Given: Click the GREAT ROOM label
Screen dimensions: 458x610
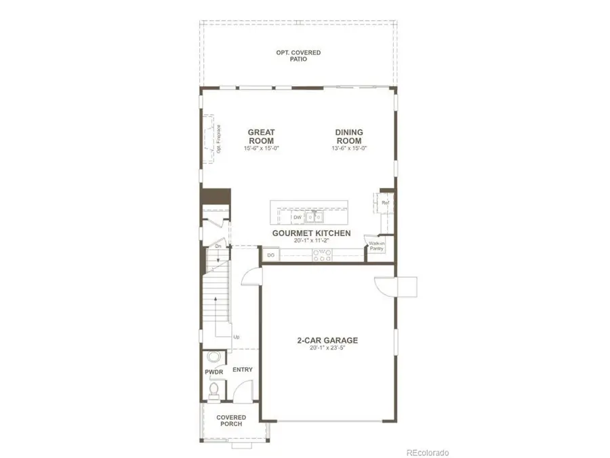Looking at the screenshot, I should click(x=261, y=136).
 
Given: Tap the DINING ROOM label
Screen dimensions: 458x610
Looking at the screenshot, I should click(x=349, y=136).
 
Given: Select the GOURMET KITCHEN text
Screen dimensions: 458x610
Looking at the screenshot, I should click(x=312, y=233).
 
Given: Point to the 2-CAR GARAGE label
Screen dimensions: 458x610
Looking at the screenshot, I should click(x=327, y=341).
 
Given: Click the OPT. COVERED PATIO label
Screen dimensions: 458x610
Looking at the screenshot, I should click(x=298, y=56).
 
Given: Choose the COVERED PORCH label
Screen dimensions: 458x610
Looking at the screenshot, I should click(x=231, y=421).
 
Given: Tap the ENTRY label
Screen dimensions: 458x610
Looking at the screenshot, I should click(x=243, y=370).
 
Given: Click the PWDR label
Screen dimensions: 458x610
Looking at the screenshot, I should click(x=213, y=372).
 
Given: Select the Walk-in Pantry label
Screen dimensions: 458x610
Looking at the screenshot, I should click(x=376, y=246).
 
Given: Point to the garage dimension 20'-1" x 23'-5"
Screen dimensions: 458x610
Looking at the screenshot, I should click(x=327, y=349).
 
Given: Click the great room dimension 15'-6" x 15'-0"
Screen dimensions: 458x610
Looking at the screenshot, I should click(x=261, y=149).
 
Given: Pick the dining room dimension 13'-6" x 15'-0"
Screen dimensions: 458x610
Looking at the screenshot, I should click(x=349, y=149).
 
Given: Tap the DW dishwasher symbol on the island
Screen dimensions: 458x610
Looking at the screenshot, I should click(x=297, y=217).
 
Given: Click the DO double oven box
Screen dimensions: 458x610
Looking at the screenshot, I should click(x=270, y=255).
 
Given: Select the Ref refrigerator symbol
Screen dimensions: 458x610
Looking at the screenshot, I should click(x=384, y=202).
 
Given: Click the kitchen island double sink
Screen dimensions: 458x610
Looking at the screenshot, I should click(x=313, y=217).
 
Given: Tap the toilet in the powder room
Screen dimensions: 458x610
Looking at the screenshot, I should click(x=214, y=389).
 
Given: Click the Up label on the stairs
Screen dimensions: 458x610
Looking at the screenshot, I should click(x=236, y=337).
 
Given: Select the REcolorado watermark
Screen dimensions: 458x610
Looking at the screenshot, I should click(x=427, y=452).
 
